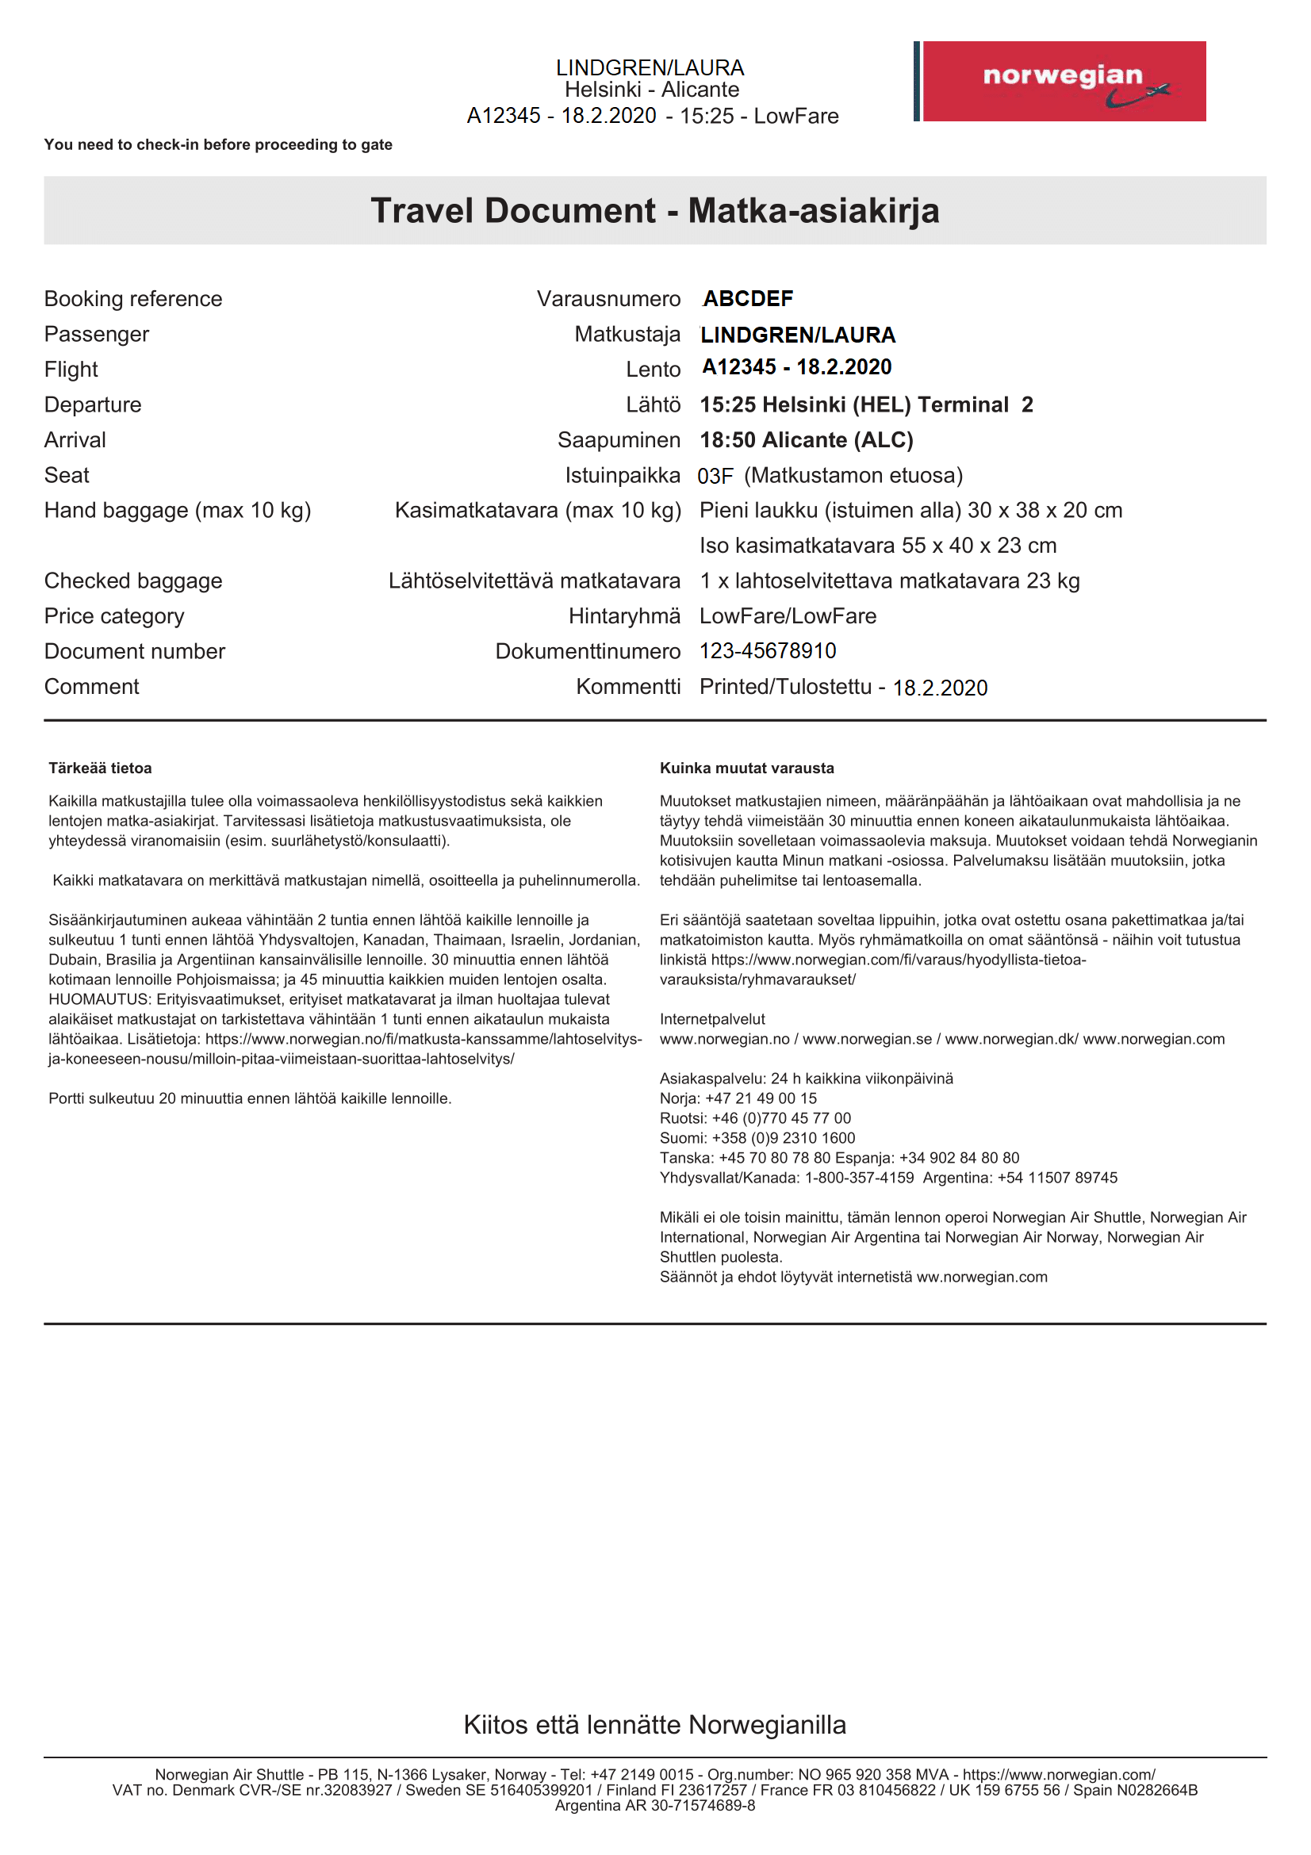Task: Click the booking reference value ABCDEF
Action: tap(748, 299)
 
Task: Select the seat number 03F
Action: tap(715, 476)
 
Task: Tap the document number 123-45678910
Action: tap(768, 651)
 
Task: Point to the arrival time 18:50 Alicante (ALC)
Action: tap(806, 440)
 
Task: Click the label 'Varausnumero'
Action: tap(608, 299)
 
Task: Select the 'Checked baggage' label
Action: tap(133, 581)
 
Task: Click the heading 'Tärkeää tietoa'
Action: tap(100, 768)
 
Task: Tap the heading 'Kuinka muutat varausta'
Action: tap(746, 768)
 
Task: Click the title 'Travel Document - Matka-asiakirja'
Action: tap(655, 211)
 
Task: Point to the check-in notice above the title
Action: tap(218, 144)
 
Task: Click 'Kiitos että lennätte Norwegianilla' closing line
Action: tap(655, 1725)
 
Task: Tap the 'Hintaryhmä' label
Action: tap(624, 616)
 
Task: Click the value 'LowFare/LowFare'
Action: tap(788, 616)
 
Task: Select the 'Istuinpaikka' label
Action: tap(623, 476)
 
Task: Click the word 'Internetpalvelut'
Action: tap(711, 1020)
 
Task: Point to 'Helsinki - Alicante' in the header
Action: tap(652, 90)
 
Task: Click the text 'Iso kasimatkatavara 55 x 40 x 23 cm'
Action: tap(878, 546)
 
